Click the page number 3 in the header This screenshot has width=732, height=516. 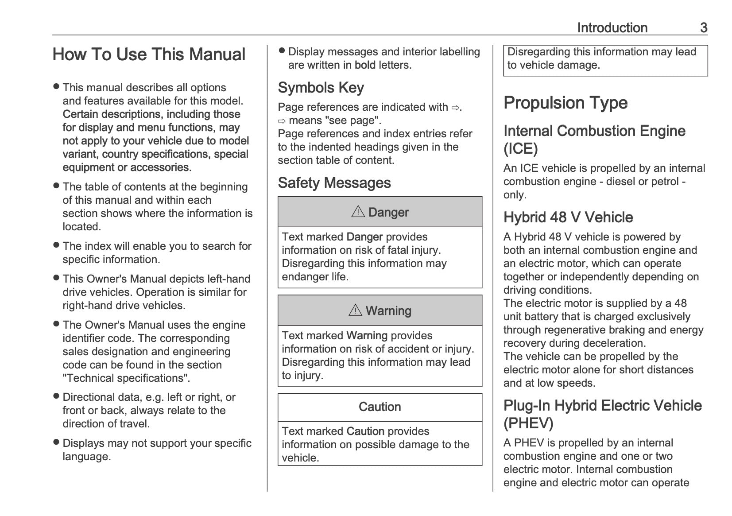pyautogui.click(x=703, y=28)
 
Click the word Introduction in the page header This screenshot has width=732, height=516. pyautogui.click(x=612, y=28)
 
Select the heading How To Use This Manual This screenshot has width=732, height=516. pyautogui.click(x=149, y=54)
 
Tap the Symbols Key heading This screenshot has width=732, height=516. pyautogui.click(x=321, y=88)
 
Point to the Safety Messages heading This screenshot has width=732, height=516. pyautogui.click(x=334, y=183)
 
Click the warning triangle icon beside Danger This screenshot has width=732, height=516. pyautogui.click(x=358, y=212)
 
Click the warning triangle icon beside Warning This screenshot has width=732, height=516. pyautogui.click(x=355, y=310)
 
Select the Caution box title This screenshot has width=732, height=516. pyautogui.click(x=380, y=407)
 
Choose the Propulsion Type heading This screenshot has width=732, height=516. pyautogui.click(x=565, y=103)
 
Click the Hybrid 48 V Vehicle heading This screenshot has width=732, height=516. pyautogui.click(x=568, y=217)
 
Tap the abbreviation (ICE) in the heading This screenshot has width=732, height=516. pyautogui.click(x=520, y=149)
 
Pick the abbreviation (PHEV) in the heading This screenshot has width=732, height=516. pyautogui.click(x=528, y=423)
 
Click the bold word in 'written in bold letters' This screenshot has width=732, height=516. pyautogui.click(x=365, y=65)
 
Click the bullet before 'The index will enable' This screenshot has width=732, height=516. pyautogui.click(x=56, y=245)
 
